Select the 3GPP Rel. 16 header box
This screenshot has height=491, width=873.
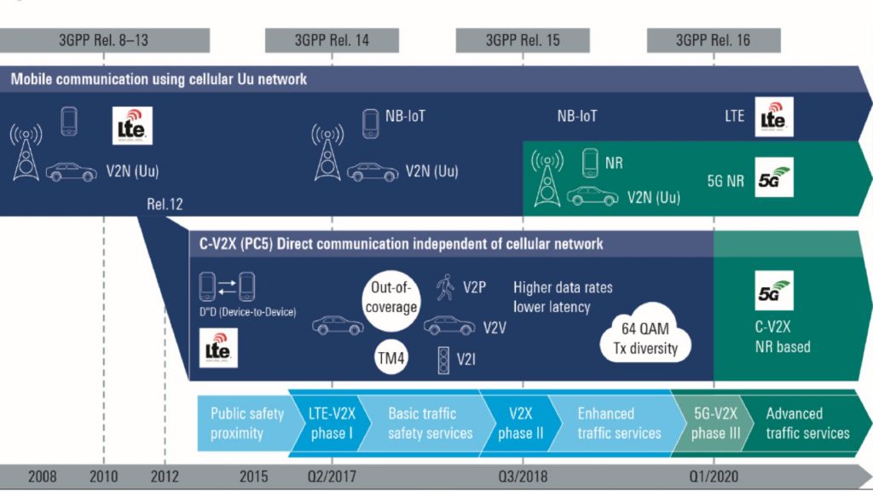pyautogui.click(x=714, y=40)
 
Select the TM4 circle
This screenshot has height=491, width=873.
pyautogui.click(x=393, y=358)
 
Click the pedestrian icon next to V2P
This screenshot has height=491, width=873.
pyautogui.click(x=443, y=286)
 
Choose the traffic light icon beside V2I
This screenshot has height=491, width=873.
pyautogui.click(x=442, y=358)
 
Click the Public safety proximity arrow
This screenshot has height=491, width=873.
pyautogui.click(x=246, y=423)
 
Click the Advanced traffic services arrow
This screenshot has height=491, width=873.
pyautogui.click(x=806, y=423)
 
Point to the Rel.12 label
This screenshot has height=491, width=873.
pyautogui.click(x=165, y=205)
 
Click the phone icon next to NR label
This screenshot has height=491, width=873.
pyautogui.click(x=590, y=161)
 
